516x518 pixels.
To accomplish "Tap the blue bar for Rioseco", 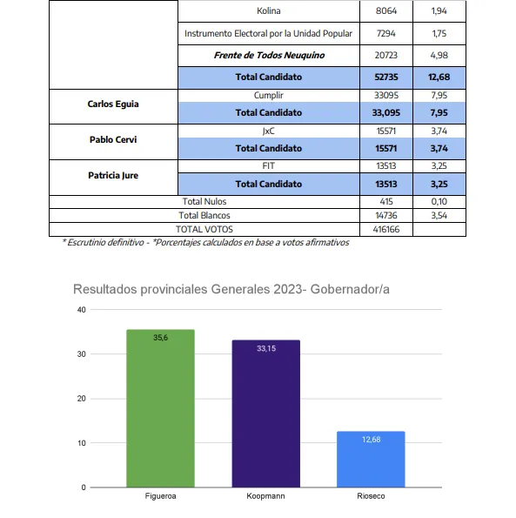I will (x=371, y=459).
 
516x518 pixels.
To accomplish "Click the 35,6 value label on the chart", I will (x=160, y=337).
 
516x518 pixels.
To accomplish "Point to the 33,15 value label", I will (x=265, y=348).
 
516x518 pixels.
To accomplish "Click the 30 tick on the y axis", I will (x=82, y=354).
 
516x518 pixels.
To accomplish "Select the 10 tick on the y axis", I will (x=82, y=443).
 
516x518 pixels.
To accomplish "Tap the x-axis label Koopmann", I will (x=265, y=496).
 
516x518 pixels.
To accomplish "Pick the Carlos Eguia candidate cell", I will (x=113, y=104).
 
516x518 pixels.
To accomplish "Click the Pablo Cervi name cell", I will (x=113, y=139).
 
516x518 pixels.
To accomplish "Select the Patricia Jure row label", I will (x=113, y=175).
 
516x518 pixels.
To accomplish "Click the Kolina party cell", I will (x=268, y=11).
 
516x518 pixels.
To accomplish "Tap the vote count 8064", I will (x=385, y=11).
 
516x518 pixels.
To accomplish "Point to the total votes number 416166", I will (x=385, y=228).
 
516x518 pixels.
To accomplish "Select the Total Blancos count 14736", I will (x=385, y=214).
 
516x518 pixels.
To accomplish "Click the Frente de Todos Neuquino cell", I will (x=268, y=55).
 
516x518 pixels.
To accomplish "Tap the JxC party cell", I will (x=268, y=131).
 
